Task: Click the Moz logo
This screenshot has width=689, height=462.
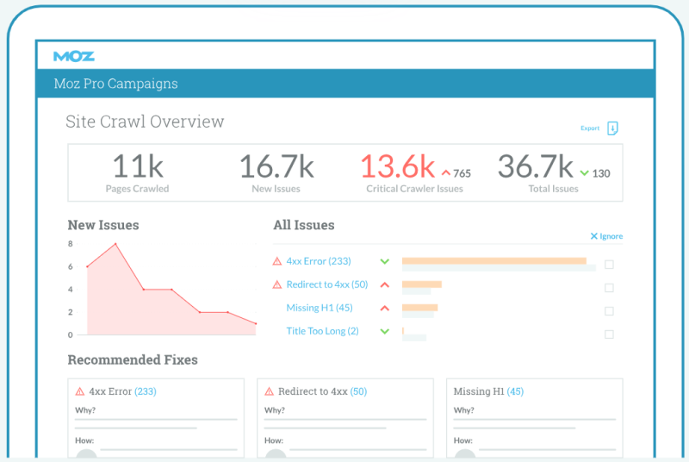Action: [x=74, y=56]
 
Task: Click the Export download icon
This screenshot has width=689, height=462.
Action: [x=612, y=128]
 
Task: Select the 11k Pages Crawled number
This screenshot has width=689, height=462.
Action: [x=138, y=166]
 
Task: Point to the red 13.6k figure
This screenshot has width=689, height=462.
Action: [x=398, y=166]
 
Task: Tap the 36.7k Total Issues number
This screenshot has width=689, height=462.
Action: [x=536, y=166]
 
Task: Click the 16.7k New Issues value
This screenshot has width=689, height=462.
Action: [x=276, y=166]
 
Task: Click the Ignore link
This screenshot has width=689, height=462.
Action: [x=606, y=236]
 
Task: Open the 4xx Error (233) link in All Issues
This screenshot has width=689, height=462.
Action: [x=319, y=261]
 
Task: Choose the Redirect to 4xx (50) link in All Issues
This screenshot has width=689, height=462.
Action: [x=327, y=284]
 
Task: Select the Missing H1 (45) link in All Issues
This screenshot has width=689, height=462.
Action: [x=320, y=308]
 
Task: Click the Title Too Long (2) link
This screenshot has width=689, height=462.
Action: [x=322, y=331]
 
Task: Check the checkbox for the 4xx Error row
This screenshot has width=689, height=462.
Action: [x=609, y=265]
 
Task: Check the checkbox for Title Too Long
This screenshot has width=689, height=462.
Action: [x=609, y=334]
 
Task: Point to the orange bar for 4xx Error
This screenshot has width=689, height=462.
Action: [x=493, y=260]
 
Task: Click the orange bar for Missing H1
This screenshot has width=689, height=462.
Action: [x=419, y=307]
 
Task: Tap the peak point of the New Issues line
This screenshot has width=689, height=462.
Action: [x=115, y=244]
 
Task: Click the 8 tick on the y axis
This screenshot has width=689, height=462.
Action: [x=71, y=244]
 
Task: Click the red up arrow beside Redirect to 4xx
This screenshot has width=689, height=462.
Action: [x=384, y=284]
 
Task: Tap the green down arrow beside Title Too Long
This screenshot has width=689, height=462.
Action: [x=384, y=332]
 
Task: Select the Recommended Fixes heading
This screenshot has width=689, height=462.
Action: [x=133, y=359]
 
